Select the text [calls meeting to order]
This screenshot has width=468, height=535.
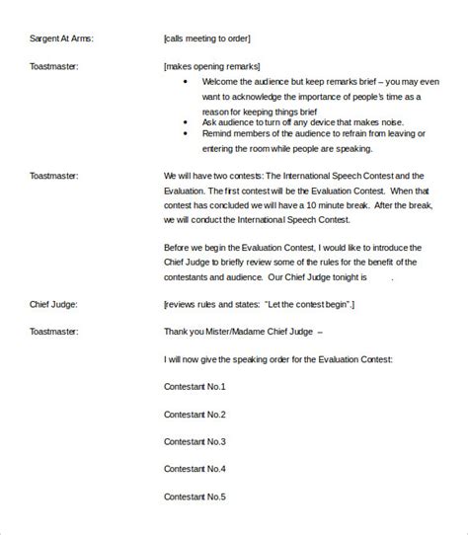[x=207, y=39]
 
